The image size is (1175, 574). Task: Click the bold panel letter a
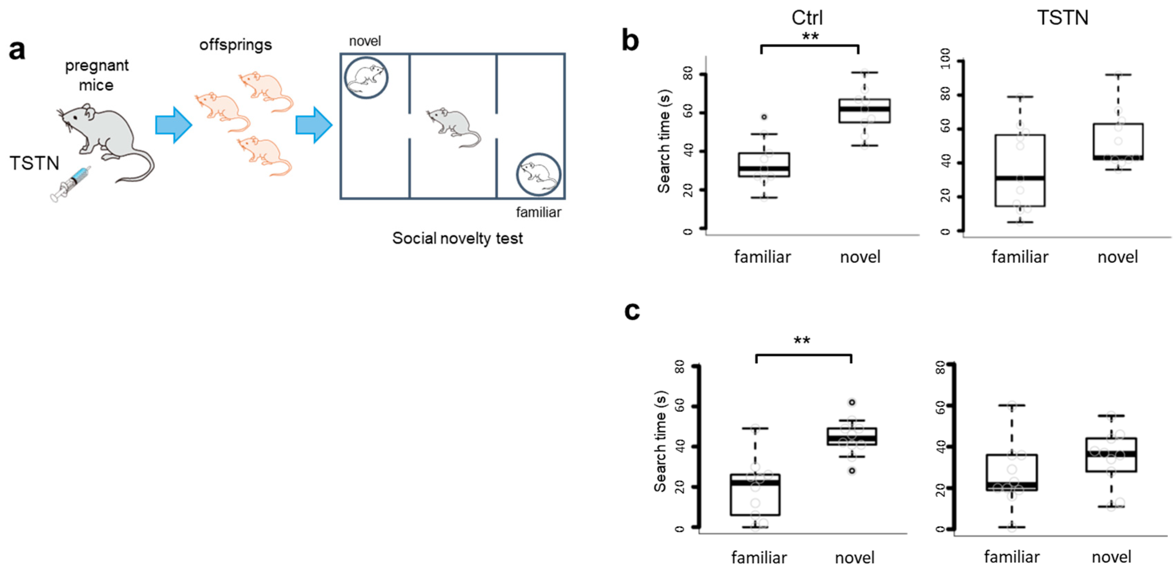click(x=17, y=50)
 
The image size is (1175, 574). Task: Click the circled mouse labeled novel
click(x=366, y=78)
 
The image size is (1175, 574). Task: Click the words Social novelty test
click(x=457, y=238)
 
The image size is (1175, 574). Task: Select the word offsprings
click(x=235, y=45)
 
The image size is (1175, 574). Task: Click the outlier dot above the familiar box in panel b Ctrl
click(x=764, y=117)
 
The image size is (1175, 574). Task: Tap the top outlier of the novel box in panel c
click(x=851, y=403)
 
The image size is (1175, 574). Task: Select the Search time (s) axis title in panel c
click(x=661, y=441)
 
